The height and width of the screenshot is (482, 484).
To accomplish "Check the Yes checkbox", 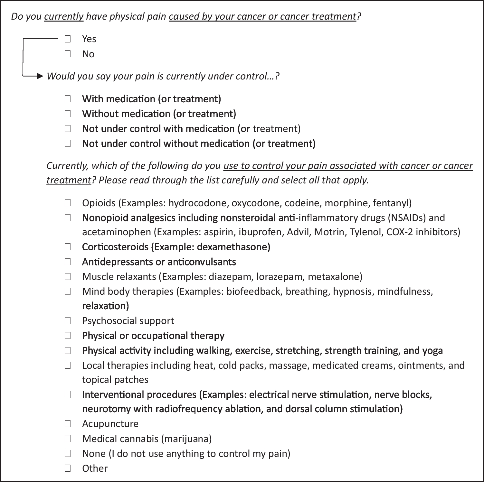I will pos(68,39).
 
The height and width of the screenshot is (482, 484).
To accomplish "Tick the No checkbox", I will pos(68,54).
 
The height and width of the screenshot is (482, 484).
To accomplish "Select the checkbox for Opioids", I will pos(68,203).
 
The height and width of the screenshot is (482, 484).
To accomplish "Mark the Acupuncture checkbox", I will pos(68,423).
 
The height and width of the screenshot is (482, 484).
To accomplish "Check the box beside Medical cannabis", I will pos(68,438).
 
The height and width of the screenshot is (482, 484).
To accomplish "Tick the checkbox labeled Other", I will pos(68,468).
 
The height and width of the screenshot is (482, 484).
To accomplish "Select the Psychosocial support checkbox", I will pos(68,320).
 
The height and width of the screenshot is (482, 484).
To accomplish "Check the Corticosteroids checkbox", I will pos(68,247).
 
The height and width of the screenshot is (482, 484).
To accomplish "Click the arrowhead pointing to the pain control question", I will pos(40,76).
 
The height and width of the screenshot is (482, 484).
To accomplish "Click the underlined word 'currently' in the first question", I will pos(64,16).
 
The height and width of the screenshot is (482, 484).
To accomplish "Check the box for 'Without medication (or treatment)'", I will pos(68,114).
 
